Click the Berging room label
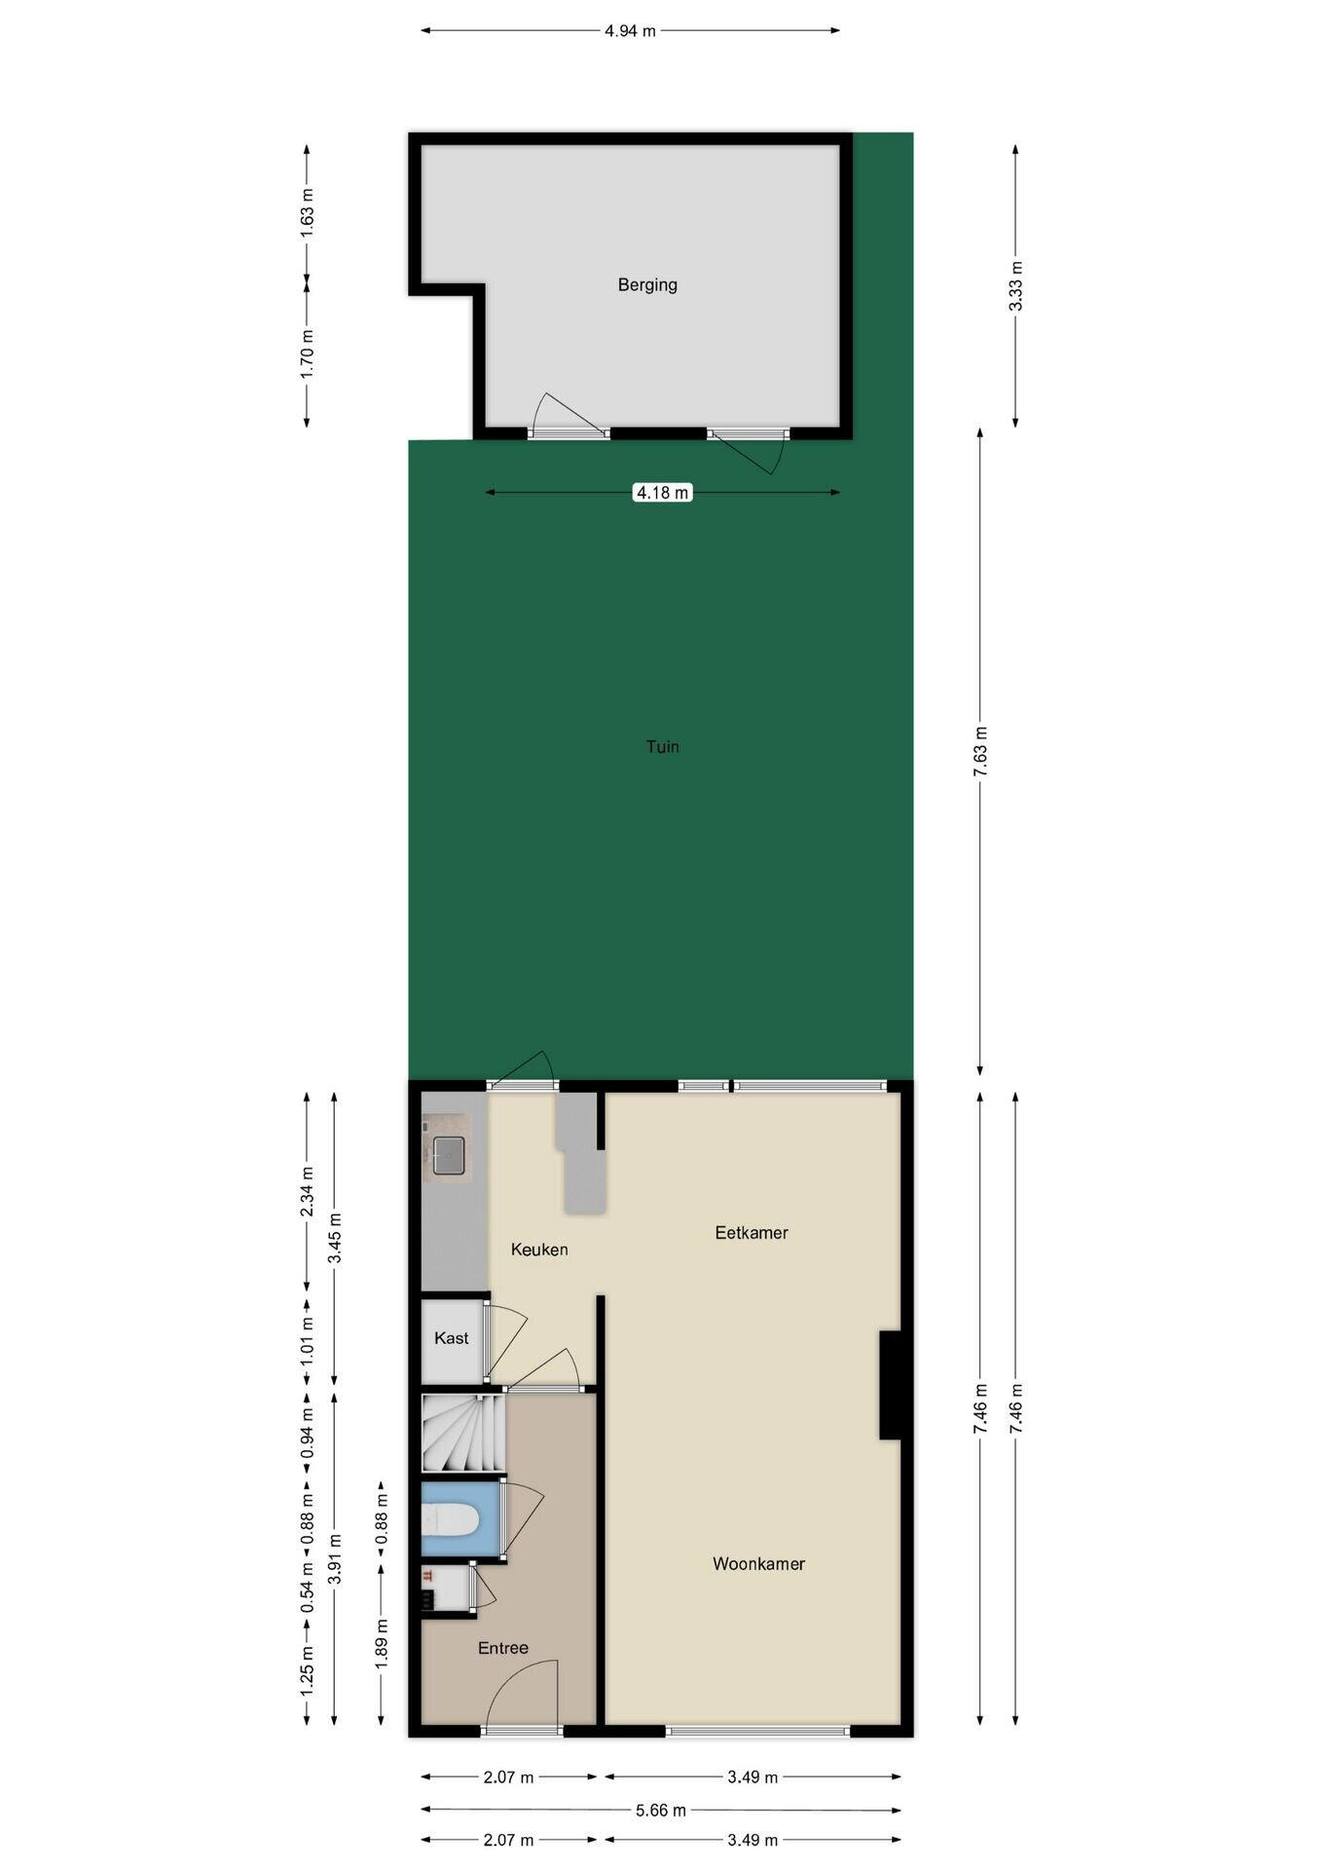(x=647, y=285)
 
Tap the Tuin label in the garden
(x=663, y=747)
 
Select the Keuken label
(x=539, y=1250)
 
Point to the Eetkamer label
(x=752, y=1232)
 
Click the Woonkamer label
(x=759, y=1563)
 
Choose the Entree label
(x=503, y=1648)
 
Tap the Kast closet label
(x=452, y=1338)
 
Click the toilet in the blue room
(x=449, y=1518)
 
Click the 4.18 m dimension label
(x=663, y=493)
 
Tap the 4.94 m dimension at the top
(x=630, y=30)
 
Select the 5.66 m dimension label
(x=661, y=1810)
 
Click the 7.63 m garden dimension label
(x=980, y=751)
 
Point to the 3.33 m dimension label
(x=1015, y=286)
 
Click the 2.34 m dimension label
(x=307, y=1191)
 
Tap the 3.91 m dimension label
(x=335, y=1559)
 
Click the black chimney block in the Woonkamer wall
(x=891, y=1385)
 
